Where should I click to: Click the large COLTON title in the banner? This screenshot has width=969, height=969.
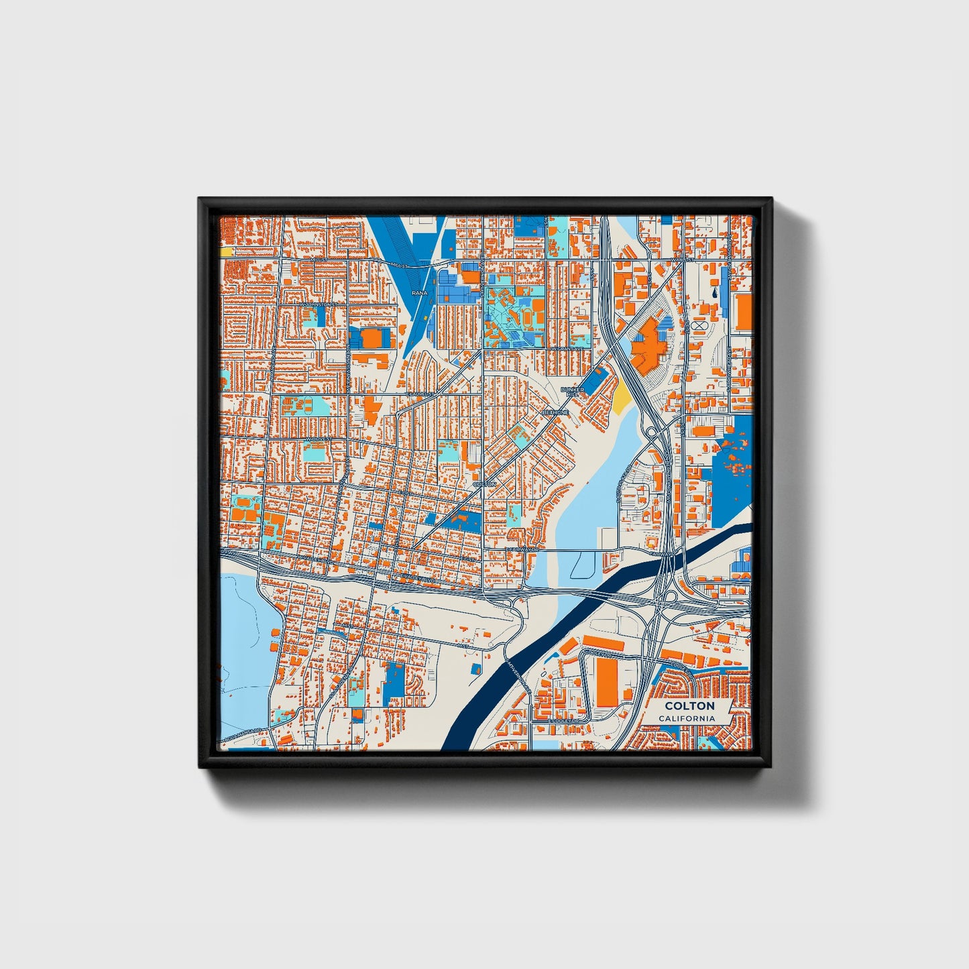(x=689, y=706)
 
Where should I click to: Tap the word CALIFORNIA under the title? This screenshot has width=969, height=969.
(x=686, y=719)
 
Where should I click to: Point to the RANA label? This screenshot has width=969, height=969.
(x=419, y=293)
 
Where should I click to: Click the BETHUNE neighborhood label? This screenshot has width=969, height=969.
(x=556, y=412)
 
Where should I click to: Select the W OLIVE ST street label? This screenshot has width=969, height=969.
(x=319, y=439)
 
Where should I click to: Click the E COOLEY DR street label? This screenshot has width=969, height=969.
(x=562, y=721)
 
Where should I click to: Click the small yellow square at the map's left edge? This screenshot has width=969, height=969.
(x=226, y=251)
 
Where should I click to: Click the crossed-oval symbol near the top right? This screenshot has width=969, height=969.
(x=701, y=325)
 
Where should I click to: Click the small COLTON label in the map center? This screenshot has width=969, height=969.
(x=484, y=483)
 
